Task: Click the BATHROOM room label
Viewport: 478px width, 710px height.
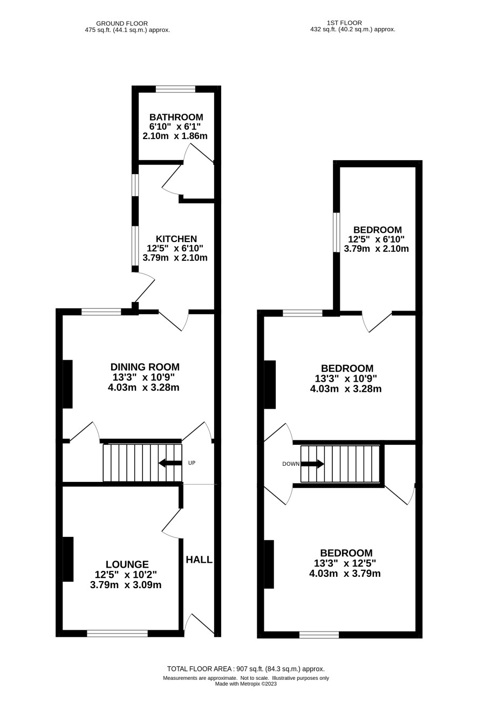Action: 176,117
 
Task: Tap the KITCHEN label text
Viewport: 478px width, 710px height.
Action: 176,239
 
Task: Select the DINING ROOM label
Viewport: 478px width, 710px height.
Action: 145,367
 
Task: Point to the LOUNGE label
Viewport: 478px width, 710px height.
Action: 127,564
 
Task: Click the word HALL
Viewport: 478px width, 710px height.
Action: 199,560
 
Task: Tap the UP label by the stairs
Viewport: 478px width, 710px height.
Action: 192,463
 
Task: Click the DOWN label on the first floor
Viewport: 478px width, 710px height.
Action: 291,464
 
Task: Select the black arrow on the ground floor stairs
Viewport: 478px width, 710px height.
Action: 170,463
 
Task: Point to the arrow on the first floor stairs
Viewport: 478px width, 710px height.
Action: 312,464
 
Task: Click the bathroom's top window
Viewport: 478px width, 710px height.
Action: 175,89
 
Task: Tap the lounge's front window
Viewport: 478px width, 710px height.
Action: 118,633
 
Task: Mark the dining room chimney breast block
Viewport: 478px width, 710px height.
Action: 67,384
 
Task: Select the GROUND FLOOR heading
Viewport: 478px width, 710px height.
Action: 122,24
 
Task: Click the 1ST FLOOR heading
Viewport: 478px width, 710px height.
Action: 344,23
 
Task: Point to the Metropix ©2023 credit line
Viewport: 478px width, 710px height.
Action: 246,684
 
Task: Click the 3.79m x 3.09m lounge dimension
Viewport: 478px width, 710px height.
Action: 126,585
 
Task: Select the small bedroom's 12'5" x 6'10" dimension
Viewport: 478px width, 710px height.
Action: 377,239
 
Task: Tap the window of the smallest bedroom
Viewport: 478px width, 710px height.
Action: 337,232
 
